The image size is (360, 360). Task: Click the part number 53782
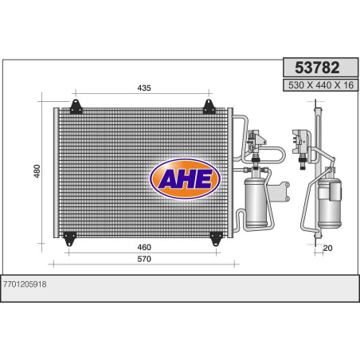click(x=317, y=68)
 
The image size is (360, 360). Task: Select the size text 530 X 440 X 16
click(x=321, y=85)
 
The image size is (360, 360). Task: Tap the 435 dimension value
click(x=144, y=88)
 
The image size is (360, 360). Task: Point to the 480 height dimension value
click(x=37, y=171)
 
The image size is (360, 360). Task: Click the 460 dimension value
click(x=144, y=247)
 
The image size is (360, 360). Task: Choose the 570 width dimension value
click(x=144, y=259)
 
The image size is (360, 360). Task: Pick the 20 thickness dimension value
click(x=327, y=248)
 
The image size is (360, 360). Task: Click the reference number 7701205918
click(x=25, y=284)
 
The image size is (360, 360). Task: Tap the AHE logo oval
click(x=185, y=179)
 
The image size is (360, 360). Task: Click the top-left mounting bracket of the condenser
click(x=76, y=107)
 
